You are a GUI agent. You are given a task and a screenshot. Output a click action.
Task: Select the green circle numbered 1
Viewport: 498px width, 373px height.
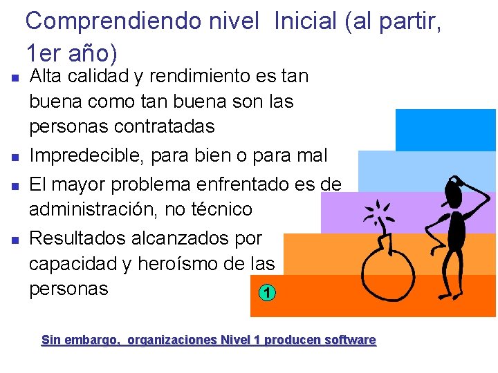pos(268,293)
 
